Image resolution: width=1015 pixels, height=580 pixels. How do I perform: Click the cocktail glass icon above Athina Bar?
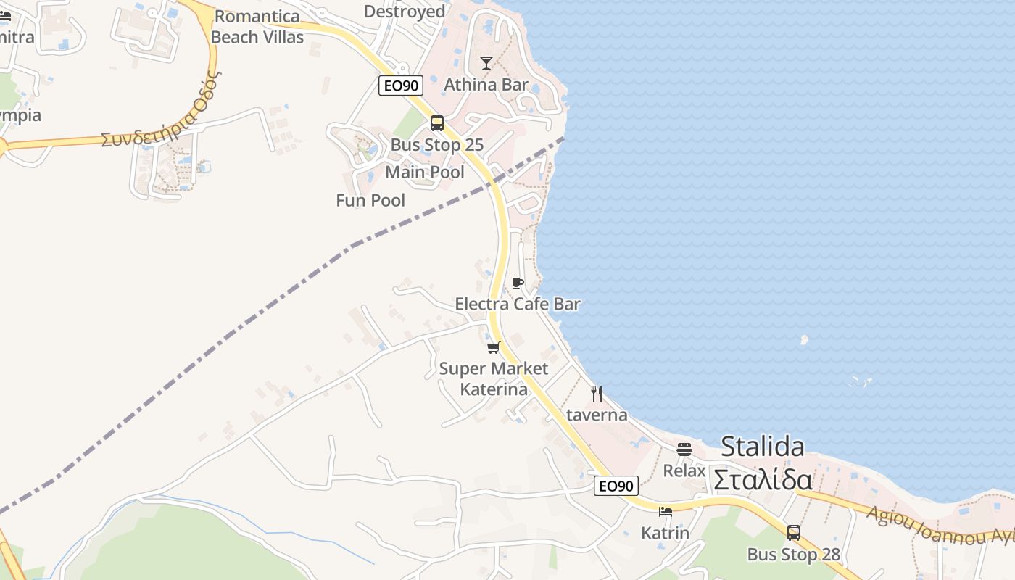click(486, 63)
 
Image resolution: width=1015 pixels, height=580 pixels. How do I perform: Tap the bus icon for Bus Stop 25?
click(436, 123)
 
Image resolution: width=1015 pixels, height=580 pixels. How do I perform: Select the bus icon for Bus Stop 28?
click(794, 533)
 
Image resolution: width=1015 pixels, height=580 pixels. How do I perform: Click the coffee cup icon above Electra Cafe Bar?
click(517, 283)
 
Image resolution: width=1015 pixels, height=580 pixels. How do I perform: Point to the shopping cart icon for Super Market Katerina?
click(494, 347)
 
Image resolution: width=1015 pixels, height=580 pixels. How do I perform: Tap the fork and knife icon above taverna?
click(597, 394)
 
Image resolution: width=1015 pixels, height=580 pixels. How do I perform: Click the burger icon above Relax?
click(684, 449)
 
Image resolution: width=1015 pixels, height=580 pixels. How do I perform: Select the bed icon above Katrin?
click(666, 512)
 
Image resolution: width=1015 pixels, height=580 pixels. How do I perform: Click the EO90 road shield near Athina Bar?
click(401, 86)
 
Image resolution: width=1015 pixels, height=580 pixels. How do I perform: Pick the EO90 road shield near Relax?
click(616, 486)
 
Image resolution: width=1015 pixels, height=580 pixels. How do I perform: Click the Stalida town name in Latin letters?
click(762, 446)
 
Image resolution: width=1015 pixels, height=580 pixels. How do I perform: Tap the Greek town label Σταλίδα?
click(762, 479)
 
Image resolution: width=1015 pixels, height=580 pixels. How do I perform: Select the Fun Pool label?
click(370, 200)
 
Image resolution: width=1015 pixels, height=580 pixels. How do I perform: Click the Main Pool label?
click(425, 172)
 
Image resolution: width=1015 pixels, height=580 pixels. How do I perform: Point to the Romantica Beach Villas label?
click(257, 26)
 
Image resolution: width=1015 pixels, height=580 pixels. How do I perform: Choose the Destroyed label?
click(405, 11)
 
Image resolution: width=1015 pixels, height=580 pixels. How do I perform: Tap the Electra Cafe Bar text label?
click(518, 304)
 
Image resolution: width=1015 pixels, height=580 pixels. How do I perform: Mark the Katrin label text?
click(666, 533)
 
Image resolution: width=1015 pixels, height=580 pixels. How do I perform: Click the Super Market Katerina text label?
click(494, 378)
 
